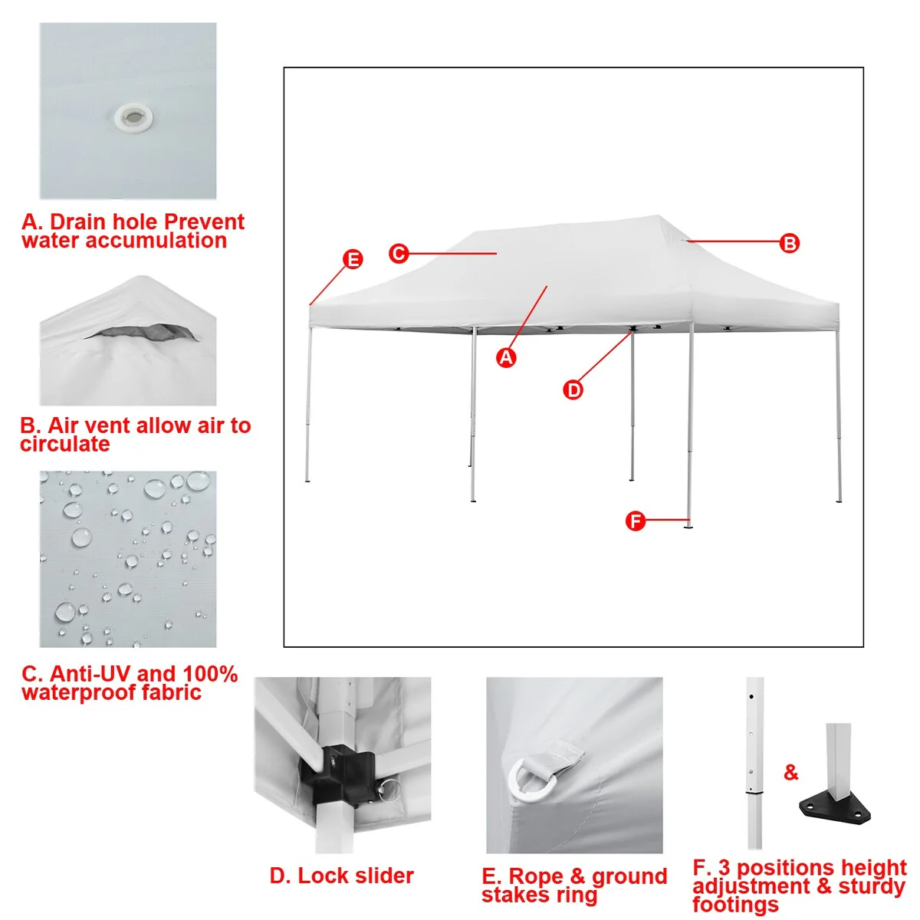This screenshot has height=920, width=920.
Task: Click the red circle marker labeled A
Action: point(506,357)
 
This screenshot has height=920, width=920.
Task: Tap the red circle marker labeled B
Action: point(789,243)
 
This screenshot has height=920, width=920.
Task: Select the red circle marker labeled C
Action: point(399,253)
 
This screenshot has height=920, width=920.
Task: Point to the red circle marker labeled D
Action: point(573,389)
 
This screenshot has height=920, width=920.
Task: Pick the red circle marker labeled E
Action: point(353,259)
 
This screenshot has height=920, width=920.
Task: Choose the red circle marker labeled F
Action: point(635,521)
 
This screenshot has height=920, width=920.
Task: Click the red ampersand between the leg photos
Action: point(790,772)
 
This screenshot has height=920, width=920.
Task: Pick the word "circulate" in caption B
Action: point(65,444)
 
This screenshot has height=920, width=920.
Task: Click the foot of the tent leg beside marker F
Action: point(688,527)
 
